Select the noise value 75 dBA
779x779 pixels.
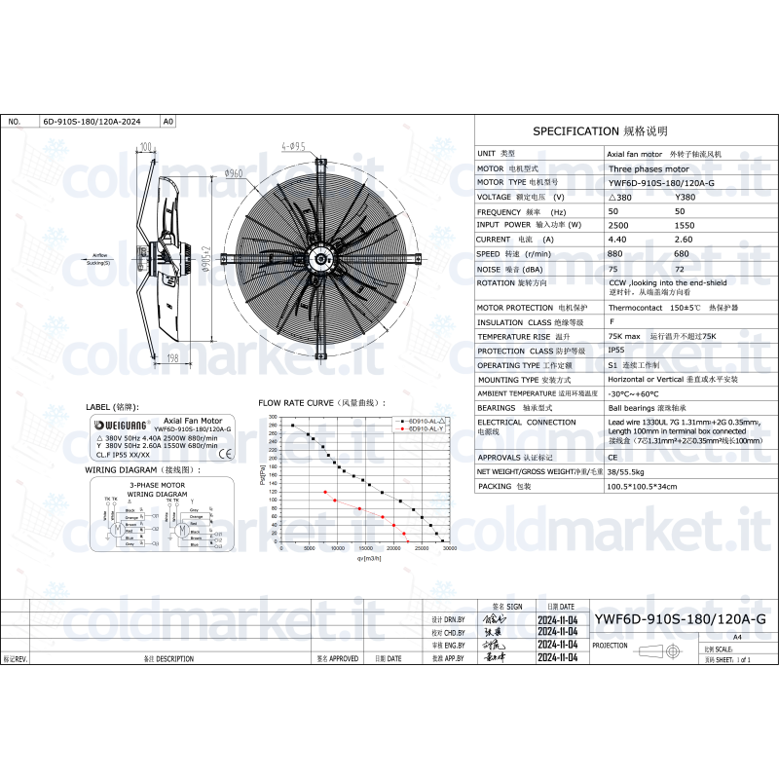pos(612,268)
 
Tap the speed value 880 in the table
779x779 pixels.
pos(615,253)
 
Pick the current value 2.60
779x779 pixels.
pos(684,239)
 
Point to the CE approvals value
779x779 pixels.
pos(612,456)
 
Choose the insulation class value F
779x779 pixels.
pos(611,321)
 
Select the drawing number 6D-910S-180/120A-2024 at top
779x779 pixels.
pos(92,123)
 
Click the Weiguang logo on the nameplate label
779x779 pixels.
pos(120,426)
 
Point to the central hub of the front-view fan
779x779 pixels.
pos(322,258)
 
